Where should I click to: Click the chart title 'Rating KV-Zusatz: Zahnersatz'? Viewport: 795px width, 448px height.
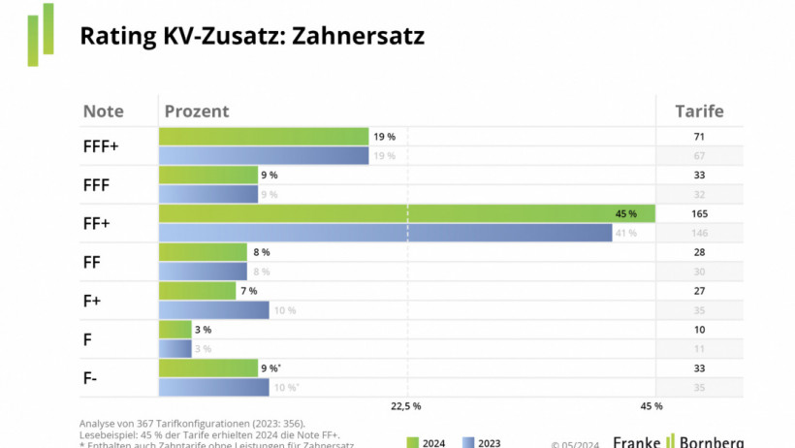click(x=252, y=37)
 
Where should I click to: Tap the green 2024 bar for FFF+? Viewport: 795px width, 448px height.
click(x=264, y=137)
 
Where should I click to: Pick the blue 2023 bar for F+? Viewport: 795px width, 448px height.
click(x=213, y=310)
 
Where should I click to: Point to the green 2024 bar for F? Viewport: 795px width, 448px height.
click(x=175, y=330)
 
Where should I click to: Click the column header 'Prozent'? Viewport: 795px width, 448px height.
click(x=197, y=111)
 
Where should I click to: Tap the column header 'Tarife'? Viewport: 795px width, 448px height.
click(x=699, y=111)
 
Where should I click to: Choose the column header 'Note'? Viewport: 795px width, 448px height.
click(x=103, y=111)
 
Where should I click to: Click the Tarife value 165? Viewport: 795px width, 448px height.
click(x=699, y=213)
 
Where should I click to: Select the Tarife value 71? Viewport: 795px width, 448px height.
click(x=699, y=137)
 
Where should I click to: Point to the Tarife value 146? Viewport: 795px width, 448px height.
click(x=699, y=233)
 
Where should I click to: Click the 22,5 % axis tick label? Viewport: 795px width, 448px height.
click(x=405, y=406)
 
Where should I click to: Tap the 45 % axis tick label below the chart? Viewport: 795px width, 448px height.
click(x=652, y=406)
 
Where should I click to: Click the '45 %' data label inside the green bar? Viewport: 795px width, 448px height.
click(x=625, y=213)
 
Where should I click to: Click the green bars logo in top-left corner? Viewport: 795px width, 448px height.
click(x=40, y=34)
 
